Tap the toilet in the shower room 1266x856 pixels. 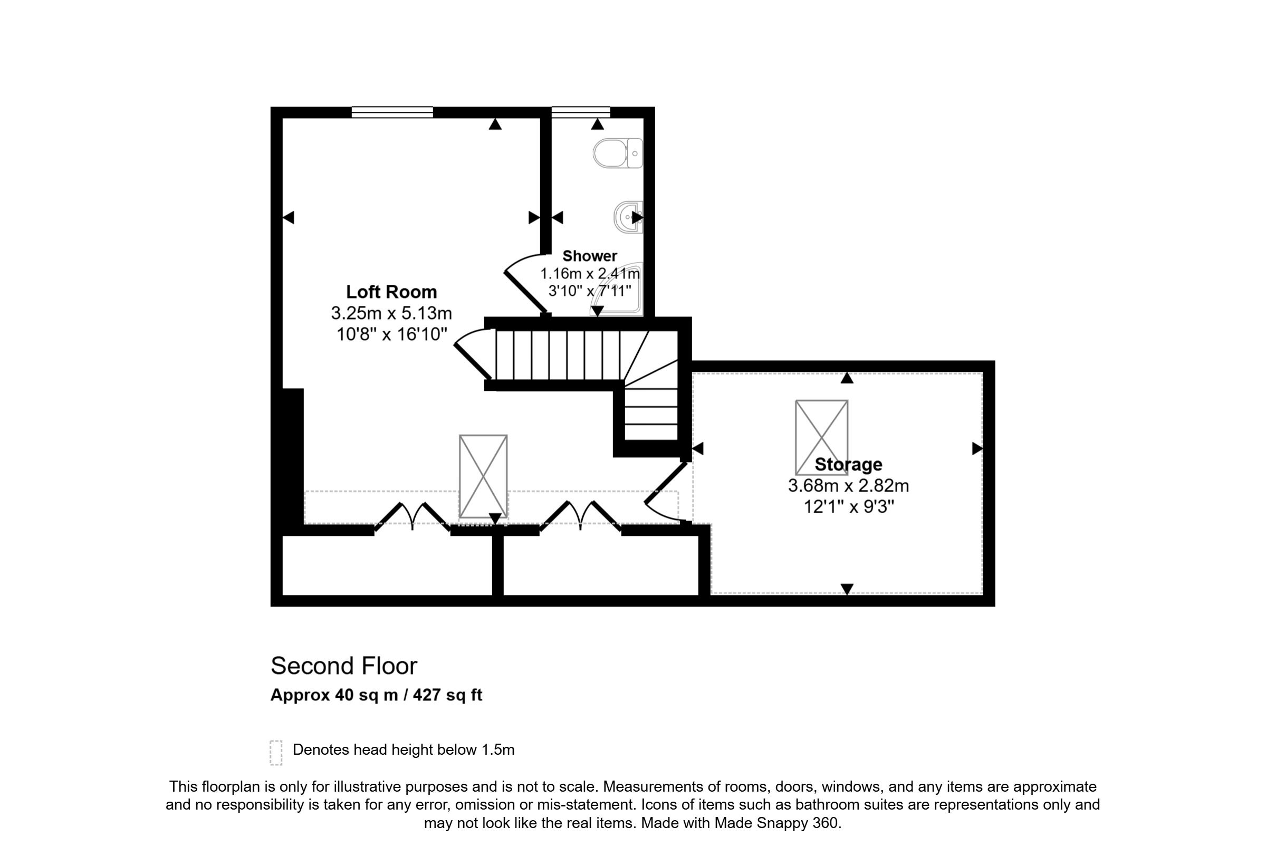[618, 153]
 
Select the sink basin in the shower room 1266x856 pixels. [628, 217]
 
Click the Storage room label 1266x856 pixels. [848, 465]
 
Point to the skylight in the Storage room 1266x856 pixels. [821, 438]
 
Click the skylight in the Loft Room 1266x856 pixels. [483, 476]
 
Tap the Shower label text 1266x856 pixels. [589, 256]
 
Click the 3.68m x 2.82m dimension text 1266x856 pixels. [848, 485]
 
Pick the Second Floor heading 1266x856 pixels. [344, 666]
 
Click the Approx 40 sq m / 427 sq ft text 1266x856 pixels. [377, 695]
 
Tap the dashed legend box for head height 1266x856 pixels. [276, 753]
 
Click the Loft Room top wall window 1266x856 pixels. [392, 112]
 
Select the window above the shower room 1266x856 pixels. [581, 112]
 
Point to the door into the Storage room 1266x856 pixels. [666, 492]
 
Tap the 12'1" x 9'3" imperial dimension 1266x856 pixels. [849, 507]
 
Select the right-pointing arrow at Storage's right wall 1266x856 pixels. [977, 449]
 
